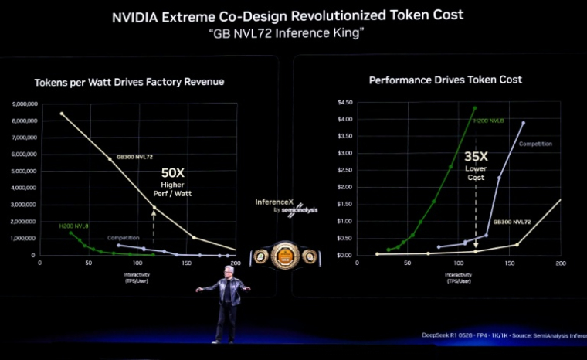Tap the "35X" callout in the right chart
coord(476,157)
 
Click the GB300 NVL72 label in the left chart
coord(134,156)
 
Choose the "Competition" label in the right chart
coord(535,144)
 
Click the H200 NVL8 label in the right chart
coord(489,120)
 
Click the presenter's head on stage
coord(226,273)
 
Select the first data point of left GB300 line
coord(62,114)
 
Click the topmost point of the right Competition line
coord(523,123)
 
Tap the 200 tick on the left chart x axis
coord(236,263)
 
